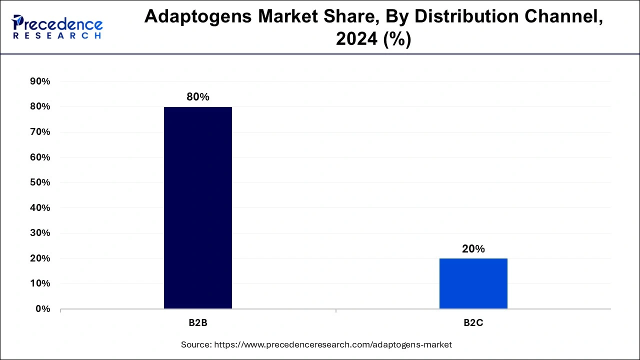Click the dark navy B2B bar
coord(198,207)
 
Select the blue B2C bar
coord(473,283)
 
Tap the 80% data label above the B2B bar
coord(198,97)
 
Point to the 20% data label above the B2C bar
coord(473,249)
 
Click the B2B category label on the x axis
coord(198,323)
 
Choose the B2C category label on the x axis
coord(473,323)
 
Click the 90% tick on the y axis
coord(40,81)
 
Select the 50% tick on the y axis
coord(40,182)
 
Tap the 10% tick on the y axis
coord(40,283)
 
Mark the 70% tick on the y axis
coord(40,132)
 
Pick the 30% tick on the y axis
coord(40,233)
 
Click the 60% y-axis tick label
coord(40,157)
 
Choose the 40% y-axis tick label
coord(40,208)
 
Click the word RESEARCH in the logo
coord(57,36)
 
